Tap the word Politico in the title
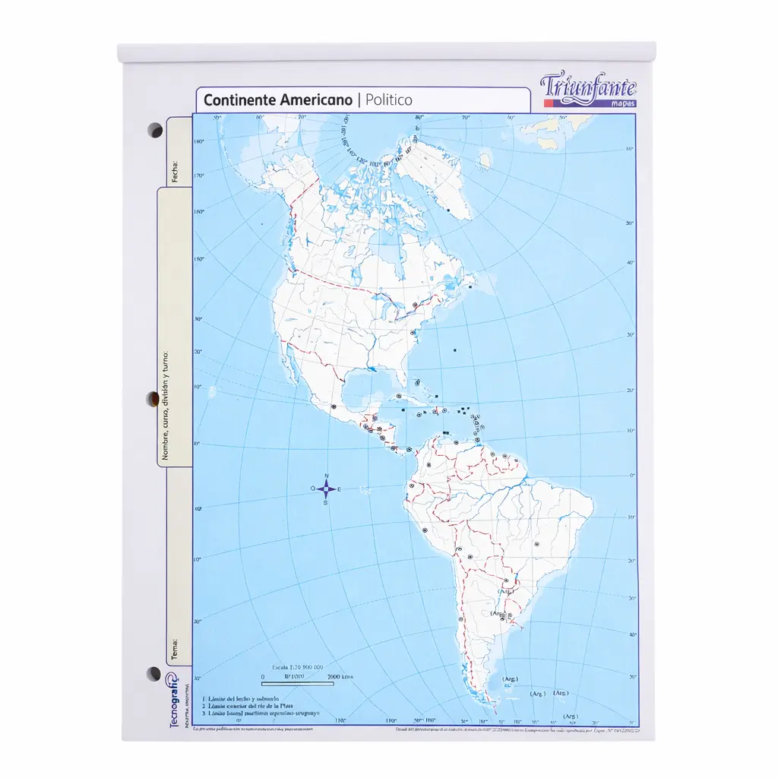point(389,100)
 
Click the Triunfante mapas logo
point(589,90)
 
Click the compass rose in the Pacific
point(326,489)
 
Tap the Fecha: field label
point(176,172)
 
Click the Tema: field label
point(176,650)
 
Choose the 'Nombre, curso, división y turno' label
point(165,406)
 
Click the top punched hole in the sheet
point(154,130)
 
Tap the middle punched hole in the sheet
point(153,399)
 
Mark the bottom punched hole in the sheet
point(154,673)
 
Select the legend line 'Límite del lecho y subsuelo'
point(242,698)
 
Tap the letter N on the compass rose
point(326,476)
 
